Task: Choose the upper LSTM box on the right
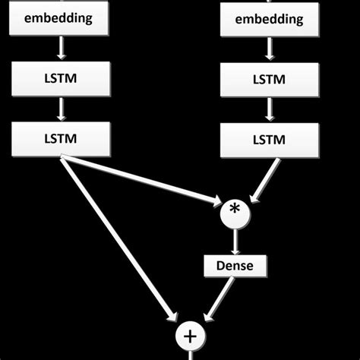[269, 79]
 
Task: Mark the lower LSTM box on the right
[269, 139]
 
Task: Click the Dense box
[235, 267]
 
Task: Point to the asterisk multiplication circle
[236, 210]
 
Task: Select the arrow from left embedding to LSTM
[61, 49]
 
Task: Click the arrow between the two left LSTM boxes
[61, 109]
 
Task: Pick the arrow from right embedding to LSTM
[269, 49]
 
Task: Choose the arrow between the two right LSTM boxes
[269, 109]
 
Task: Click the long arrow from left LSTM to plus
[122, 235]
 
